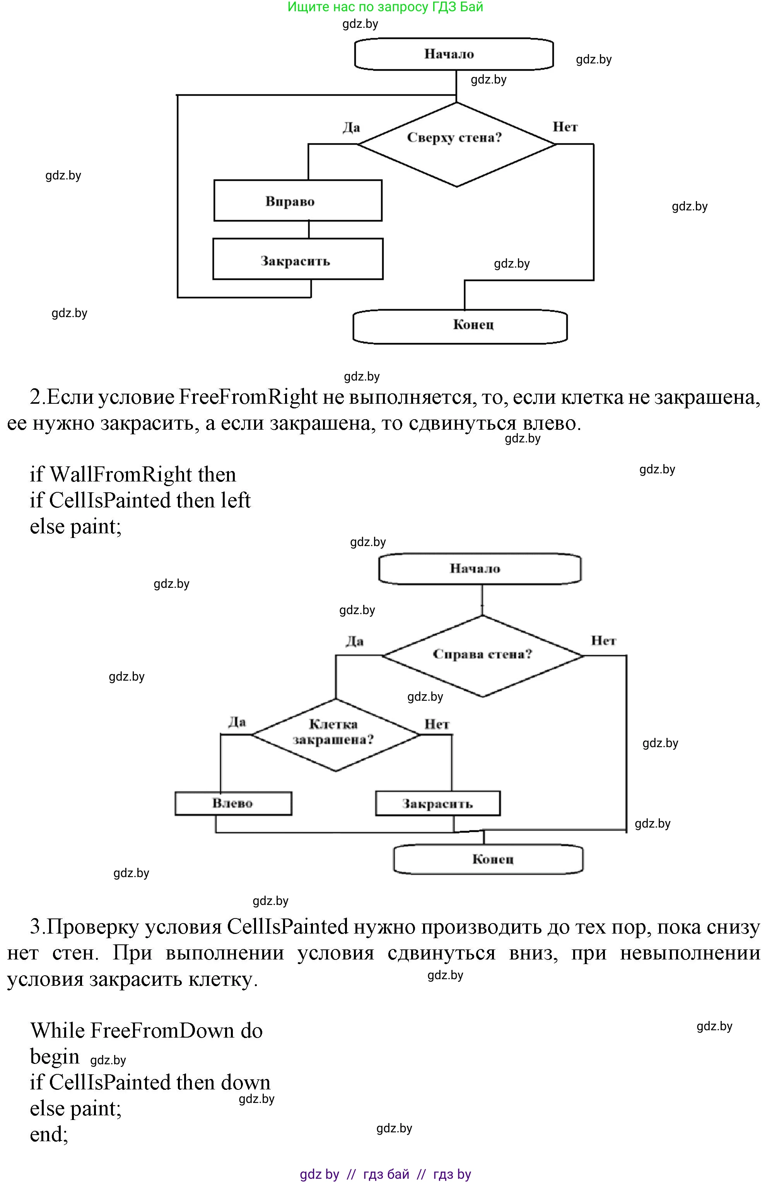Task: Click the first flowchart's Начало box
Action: click(x=453, y=54)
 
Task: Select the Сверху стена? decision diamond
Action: click(x=456, y=144)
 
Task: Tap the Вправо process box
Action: click(x=297, y=201)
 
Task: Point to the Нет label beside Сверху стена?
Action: click(x=565, y=127)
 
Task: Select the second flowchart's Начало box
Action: click(x=479, y=568)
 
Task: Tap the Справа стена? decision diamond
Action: click(x=482, y=656)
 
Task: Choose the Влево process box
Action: click(x=233, y=803)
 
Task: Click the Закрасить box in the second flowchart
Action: click(x=437, y=804)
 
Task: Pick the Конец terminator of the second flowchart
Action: click(x=488, y=859)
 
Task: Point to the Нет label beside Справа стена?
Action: click(x=603, y=641)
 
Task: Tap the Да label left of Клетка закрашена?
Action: click(x=237, y=722)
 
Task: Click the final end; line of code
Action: click(x=49, y=1134)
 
